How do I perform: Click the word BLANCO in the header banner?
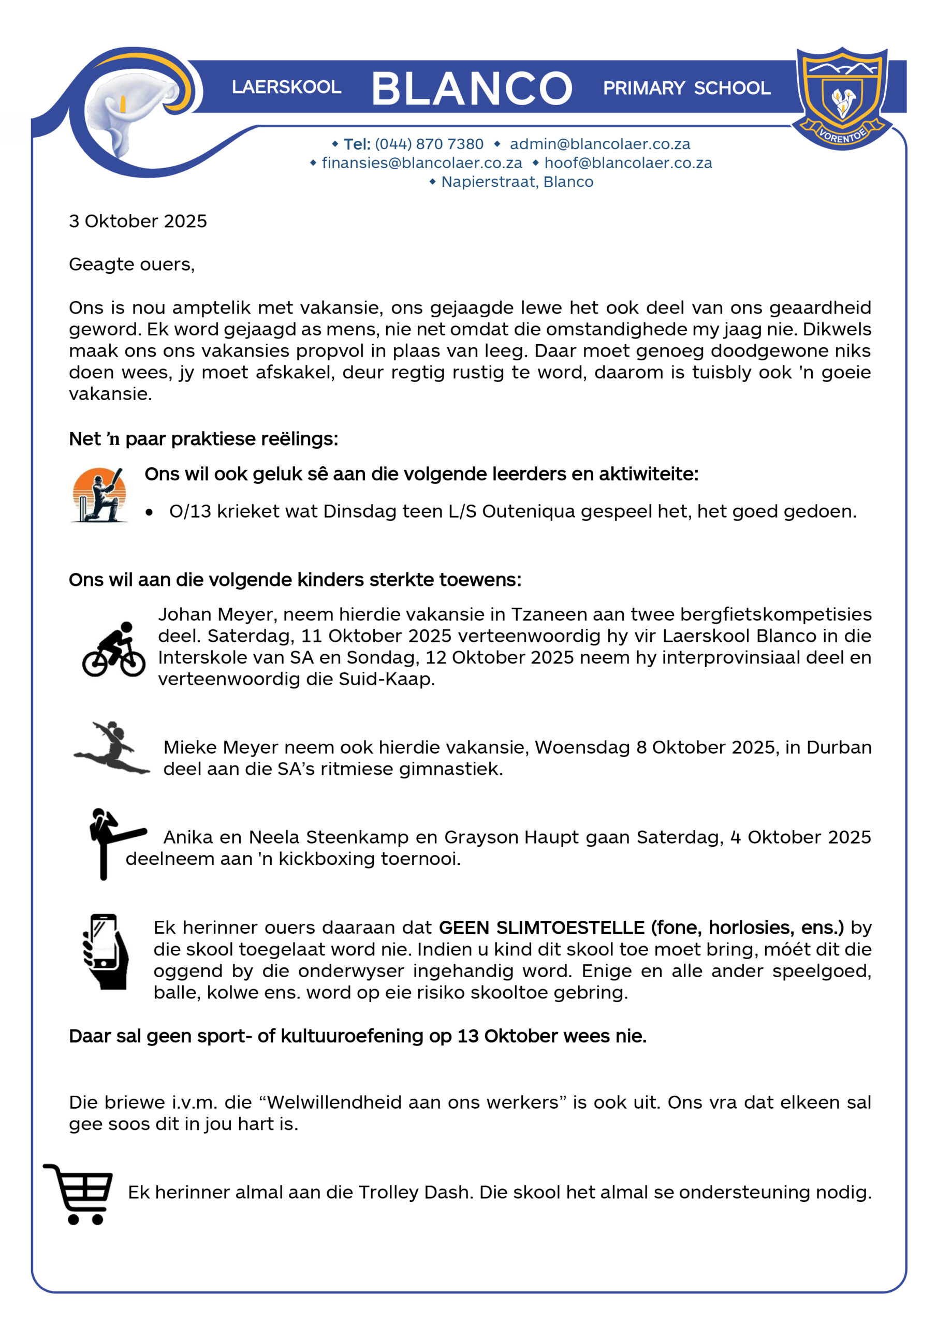pos(472,89)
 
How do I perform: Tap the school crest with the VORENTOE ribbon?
pos(842,97)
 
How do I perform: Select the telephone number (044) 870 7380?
pos(429,144)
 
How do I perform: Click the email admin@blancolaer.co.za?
pos(599,144)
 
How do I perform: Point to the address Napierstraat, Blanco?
pos(517,182)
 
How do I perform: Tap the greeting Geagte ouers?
pos(131,264)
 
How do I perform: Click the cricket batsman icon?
pos(99,495)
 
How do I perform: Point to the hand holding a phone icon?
pos(105,951)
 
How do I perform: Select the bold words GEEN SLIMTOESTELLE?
pos(541,927)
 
